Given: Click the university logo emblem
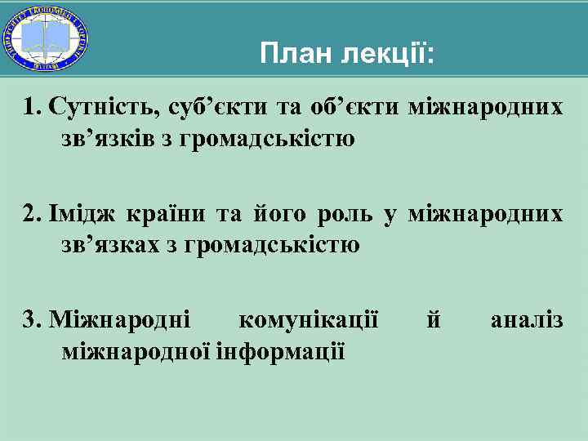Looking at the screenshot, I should pyautogui.click(x=47, y=38).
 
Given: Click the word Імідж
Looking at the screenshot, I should pyautogui.click(x=82, y=214).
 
